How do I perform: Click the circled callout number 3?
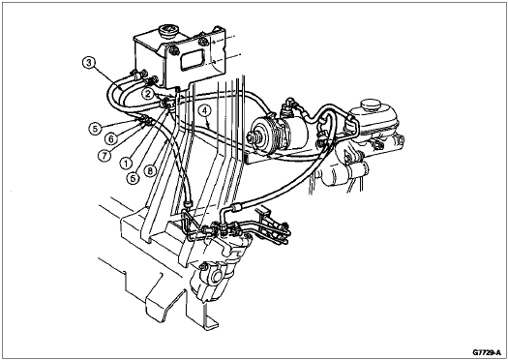[89, 63]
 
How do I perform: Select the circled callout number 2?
[148, 94]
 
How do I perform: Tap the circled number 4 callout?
[204, 111]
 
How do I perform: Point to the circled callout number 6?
[111, 139]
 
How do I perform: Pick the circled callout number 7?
[104, 156]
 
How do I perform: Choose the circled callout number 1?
[126, 163]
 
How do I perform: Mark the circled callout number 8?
[150, 170]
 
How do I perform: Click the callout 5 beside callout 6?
[95, 129]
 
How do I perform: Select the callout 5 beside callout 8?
[133, 178]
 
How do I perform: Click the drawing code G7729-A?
[487, 352]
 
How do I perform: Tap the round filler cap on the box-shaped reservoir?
[168, 31]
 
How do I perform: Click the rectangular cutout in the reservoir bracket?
[193, 60]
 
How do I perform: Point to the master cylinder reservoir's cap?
[371, 105]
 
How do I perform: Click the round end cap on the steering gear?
[215, 278]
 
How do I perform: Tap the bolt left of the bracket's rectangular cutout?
[174, 50]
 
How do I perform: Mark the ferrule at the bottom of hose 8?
[188, 204]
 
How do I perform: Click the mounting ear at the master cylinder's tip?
[400, 141]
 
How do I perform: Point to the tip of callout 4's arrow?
[209, 127]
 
